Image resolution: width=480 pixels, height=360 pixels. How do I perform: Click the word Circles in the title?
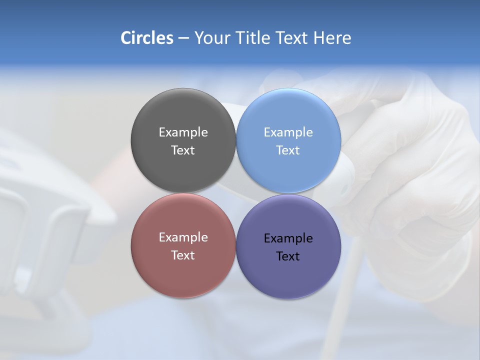tap(146, 38)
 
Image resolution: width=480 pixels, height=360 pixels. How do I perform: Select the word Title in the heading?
tap(253, 38)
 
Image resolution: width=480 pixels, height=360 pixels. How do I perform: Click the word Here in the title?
tap(332, 38)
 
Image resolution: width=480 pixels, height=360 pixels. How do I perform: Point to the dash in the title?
tap(183, 38)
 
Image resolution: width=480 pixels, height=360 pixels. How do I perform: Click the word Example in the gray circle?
tap(183, 132)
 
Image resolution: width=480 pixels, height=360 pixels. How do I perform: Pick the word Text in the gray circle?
tap(183, 150)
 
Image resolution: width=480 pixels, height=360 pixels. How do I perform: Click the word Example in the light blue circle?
tap(288, 132)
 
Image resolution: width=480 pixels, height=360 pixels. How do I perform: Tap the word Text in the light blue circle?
tap(288, 150)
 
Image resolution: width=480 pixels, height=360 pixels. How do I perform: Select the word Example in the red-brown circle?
tap(183, 237)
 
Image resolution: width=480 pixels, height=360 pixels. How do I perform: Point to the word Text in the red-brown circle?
tap(183, 255)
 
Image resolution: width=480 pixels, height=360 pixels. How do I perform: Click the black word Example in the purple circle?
tap(288, 238)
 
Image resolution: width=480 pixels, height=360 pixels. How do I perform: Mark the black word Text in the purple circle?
tap(288, 256)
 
